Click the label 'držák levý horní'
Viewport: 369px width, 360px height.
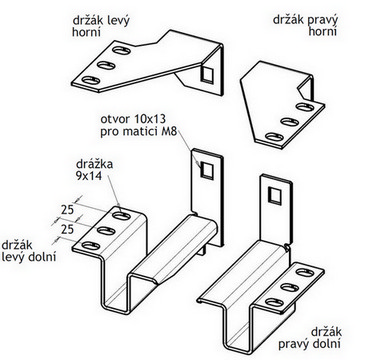101,26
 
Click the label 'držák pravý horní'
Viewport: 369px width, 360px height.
305,25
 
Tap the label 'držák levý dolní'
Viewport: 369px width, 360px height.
28,251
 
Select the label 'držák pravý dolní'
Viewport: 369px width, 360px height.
310,338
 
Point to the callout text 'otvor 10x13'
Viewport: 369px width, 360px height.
133,119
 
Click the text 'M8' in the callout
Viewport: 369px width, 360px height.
169,132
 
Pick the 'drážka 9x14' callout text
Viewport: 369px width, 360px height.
94,170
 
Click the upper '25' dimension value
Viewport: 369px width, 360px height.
68,210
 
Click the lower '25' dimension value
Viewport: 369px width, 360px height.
68,229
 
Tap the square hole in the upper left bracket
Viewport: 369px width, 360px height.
207,74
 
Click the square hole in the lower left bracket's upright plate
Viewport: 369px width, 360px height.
207,171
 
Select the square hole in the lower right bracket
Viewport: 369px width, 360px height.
275,196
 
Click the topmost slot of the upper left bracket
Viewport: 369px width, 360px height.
121,51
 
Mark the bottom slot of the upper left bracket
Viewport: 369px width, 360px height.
91,80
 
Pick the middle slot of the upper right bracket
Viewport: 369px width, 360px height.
290,122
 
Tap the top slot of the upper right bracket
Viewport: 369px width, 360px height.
305,107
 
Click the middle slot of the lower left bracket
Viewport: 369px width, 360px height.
106,231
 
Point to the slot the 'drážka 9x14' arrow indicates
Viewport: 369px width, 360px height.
121,216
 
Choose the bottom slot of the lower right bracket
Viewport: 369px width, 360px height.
274,303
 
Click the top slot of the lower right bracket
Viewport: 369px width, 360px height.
305,273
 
